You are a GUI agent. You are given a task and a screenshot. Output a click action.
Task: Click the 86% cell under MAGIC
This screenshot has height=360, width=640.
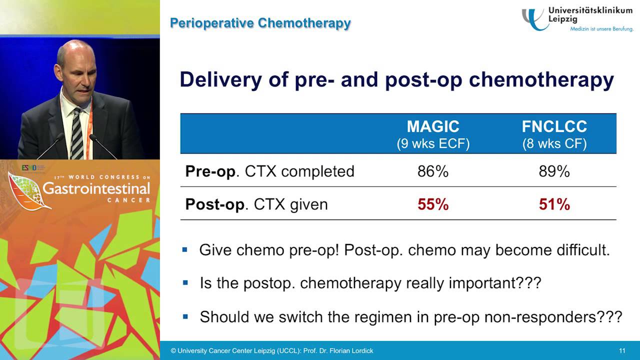click(x=433, y=171)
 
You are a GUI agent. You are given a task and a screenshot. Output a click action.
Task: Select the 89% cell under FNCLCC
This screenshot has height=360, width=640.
click(x=554, y=171)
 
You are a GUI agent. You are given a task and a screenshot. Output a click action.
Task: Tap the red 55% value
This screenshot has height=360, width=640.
click(x=433, y=204)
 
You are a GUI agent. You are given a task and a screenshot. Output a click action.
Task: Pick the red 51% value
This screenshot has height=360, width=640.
click(x=554, y=204)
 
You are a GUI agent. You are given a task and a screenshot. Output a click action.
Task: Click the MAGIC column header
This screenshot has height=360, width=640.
click(x=433, y=127)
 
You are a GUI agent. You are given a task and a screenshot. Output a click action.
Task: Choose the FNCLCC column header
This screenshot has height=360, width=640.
click(x=554, y=127)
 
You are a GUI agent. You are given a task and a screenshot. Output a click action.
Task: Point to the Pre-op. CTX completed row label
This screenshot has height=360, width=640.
click(x=269, y=171)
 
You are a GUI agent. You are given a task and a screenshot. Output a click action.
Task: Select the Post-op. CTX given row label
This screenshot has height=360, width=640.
click(x=256, y=204)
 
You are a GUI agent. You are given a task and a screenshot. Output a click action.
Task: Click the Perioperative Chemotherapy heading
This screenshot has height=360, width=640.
click(x=260, y=23)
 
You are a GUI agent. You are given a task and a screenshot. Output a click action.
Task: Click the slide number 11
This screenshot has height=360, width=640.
click(x=622, y=350)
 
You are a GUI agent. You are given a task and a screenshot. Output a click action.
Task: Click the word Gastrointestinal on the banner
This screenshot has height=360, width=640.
click(x=96, y=188)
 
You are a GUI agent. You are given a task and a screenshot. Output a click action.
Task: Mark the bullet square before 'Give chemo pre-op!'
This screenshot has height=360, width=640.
click(x=185, y=249)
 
